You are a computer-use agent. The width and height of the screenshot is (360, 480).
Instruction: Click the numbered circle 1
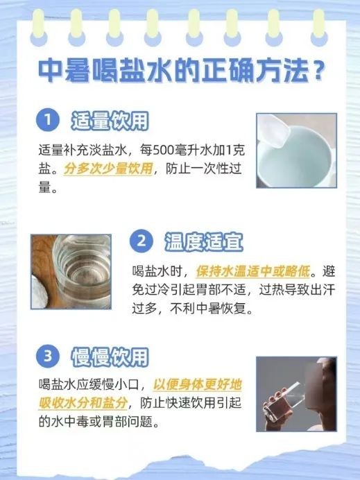48,119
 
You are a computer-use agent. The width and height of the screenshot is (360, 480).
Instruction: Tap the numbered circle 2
141,241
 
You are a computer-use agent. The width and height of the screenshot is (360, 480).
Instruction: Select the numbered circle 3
48,356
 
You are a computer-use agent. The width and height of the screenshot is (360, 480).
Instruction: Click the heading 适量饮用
110,120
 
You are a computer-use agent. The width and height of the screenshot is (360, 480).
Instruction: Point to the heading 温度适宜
204,242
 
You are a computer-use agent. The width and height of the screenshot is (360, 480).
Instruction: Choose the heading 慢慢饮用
110,357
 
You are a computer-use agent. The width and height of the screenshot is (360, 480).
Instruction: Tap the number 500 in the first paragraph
164,150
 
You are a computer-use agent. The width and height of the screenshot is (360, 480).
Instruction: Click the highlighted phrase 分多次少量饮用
108,169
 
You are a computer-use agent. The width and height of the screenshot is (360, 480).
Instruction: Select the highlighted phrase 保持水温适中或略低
253,271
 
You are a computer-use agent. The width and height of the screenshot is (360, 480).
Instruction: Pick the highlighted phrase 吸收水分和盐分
83,403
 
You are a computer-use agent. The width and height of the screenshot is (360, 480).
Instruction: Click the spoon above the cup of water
274,129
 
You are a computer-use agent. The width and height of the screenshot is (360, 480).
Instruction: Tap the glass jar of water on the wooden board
82,271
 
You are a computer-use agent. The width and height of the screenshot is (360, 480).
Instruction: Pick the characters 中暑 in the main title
65,71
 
